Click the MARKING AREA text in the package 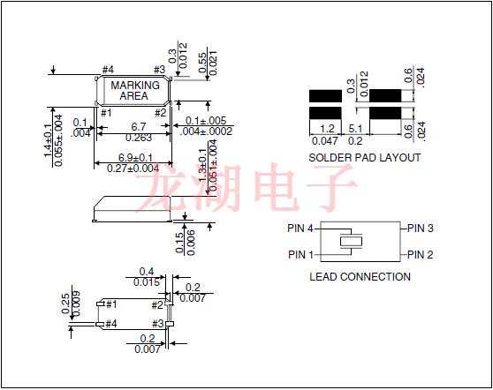pos(134,91)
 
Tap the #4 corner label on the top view pos(108,70)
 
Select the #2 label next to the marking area pos(161,112)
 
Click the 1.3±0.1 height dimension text pos(202,165)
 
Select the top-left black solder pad pos(326,94)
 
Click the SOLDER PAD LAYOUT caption pos(364,158)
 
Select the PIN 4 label pos(300,228)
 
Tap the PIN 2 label pos(421,254)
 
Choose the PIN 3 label pos(421,228)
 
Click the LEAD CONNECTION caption pos(360,276)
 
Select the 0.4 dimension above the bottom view pos(147,272)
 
